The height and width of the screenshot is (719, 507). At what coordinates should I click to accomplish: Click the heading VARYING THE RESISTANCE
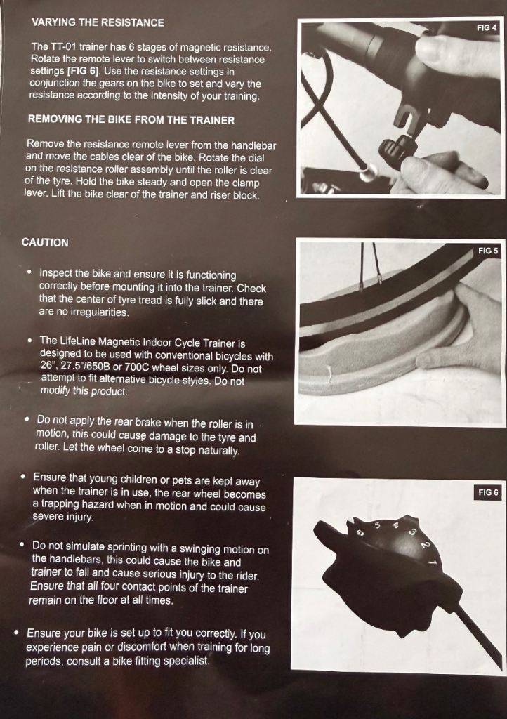coord(98,22)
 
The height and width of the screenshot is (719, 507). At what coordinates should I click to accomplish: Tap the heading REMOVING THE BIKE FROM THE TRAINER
coord(131,119)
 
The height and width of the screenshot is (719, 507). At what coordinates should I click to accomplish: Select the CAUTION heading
coord(45,242)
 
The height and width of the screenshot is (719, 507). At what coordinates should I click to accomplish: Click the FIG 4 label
coord(487,27)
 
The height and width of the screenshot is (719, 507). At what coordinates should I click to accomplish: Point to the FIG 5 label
coord(488,251)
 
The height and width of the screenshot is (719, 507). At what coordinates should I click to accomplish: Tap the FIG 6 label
coord(488,492)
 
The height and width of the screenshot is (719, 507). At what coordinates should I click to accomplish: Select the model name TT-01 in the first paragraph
coord(62,47)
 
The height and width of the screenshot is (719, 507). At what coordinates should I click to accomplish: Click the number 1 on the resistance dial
coord(432,562)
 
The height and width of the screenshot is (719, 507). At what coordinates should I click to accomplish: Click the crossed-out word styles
coord(196,381)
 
